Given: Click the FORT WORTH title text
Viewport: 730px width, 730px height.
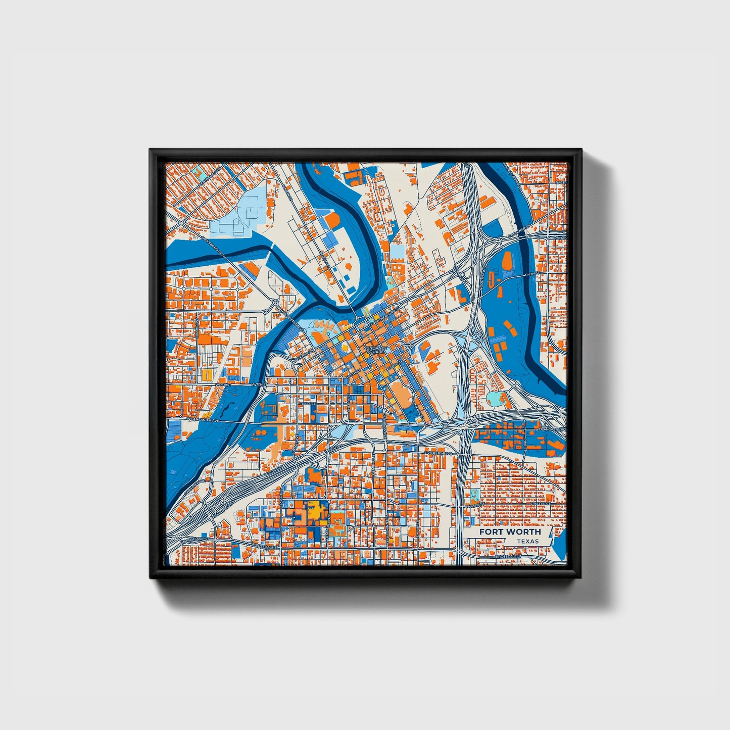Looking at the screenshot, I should tap(509, 532).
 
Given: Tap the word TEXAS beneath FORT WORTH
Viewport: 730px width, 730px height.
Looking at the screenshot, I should tap(527, 541).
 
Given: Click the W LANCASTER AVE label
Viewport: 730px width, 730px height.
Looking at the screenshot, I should tap(203, 419).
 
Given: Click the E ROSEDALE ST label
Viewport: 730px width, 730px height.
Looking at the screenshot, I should tap(508, 556).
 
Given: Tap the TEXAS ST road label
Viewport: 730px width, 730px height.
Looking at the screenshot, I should tap(305, 404).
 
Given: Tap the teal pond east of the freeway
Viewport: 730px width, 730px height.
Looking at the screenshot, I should tap(494, 399).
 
